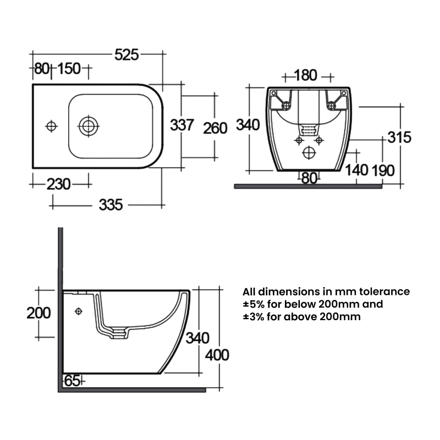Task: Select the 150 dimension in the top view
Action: point(69,69)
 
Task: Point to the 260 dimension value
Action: point(215,128)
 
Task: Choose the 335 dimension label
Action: point(110,205)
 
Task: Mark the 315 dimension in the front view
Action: point(399,137)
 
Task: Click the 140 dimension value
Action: point(358,170)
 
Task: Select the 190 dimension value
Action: point(383,170)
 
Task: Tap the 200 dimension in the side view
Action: point(38,313)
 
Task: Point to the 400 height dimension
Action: point(217,355)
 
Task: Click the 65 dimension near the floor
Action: point(73,381)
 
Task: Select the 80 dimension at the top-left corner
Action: point(42,69)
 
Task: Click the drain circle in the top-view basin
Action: point(87,126)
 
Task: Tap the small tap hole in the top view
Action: point(51,126)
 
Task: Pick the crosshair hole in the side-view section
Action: point(79,312)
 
